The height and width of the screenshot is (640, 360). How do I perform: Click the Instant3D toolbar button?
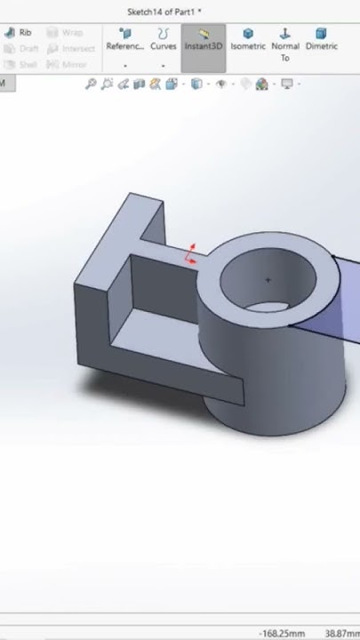coord(204,40)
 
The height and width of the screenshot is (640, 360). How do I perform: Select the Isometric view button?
coord(248,40)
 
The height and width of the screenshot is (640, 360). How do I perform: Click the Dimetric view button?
coord(321,40)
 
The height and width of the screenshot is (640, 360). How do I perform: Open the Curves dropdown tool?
coord(163,40)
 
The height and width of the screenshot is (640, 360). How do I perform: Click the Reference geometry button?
coord(124,40)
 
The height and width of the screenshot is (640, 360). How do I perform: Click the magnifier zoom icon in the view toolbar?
coord(91,84)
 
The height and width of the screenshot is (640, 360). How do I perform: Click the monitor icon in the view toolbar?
coord(287,84)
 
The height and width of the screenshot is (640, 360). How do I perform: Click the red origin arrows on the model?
coord(190,254)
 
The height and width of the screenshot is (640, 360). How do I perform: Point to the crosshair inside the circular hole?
coord(268,280)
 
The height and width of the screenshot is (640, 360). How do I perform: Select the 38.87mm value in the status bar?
coord(341,634)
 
